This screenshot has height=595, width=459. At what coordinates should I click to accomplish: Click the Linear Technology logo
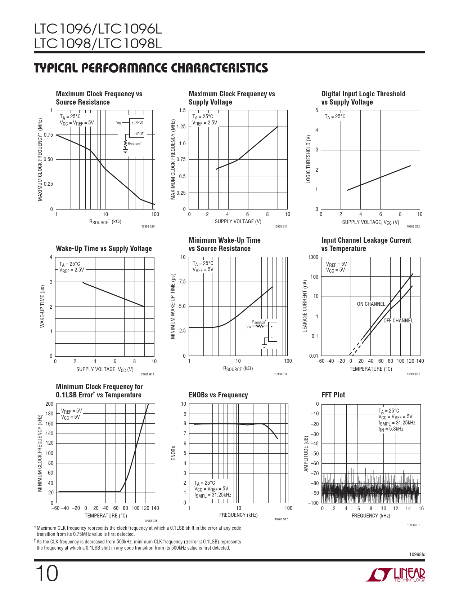pos(395,575)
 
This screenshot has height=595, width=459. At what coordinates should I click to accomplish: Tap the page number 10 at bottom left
pos(46,574)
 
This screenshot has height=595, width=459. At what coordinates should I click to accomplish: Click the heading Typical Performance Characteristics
pos(151,68)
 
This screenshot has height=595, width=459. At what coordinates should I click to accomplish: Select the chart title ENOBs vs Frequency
pos(218,395)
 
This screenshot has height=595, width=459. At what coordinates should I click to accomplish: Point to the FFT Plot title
pos(333,395)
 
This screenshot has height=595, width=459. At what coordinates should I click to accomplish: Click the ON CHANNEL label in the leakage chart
pos(371,304)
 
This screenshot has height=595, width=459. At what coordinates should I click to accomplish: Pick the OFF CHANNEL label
pos(398,321)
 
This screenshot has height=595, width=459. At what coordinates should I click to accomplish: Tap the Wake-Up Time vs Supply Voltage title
pos(104,248)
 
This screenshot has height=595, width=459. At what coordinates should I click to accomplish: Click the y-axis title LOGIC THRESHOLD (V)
pos(308,159)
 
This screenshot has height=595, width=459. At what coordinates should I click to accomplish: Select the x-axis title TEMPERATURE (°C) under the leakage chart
pos(371,369)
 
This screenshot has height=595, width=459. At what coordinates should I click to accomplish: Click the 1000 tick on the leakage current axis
pos(313,257)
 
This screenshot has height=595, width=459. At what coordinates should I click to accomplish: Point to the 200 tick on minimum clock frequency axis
pos(49,404)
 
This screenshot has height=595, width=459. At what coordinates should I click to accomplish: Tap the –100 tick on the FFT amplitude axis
pos(314,503)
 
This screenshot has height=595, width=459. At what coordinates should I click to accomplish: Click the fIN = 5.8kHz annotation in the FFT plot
pos(391,429)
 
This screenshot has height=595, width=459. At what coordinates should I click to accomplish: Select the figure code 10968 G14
pos(281,374)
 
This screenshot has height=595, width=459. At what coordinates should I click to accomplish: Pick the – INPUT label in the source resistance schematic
pos(138,134)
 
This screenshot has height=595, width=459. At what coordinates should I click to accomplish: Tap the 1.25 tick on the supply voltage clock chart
pos(181,127)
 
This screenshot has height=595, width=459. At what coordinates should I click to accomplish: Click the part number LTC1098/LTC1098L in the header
pos(98,44)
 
